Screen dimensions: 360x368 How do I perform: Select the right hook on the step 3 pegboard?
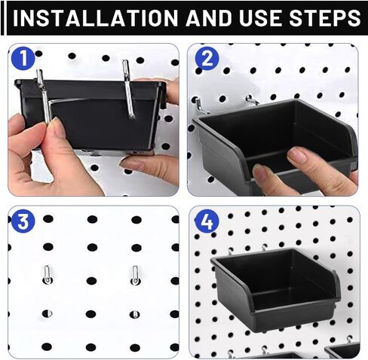point(136,274)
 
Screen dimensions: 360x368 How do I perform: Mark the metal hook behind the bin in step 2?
point(200,106)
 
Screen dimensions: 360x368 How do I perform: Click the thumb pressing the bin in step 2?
point(302,158)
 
